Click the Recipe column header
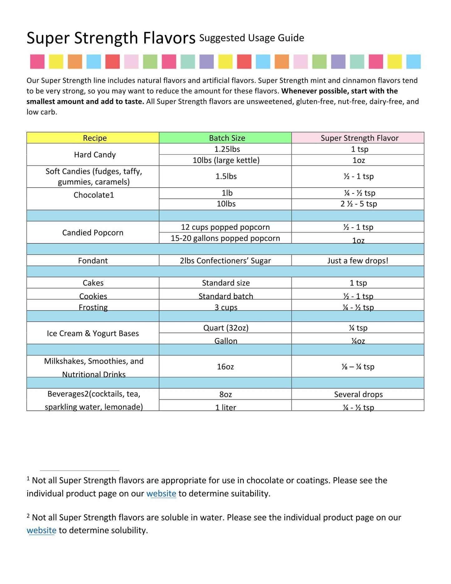click(95, 138)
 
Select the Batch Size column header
click(227, 138)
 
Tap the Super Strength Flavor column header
click(360, 138)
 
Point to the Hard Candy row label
click(95, 155)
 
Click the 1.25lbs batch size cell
click(227, 149)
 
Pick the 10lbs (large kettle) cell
click(226, 160)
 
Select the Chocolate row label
click(94, 195)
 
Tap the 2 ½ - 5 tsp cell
click(359, 204)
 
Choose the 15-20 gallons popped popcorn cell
click(225, 238)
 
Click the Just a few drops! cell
click(358, 261)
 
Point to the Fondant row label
click(93, 261)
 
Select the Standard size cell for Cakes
click(226, 283)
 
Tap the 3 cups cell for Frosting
click(226, 307)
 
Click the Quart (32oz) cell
click(226, 328)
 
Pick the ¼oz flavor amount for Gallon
click(358, 341)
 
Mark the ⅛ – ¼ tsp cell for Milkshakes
click(358, 366)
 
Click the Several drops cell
click(358, 394)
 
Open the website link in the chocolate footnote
click(161, 493)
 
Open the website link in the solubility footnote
click(42, 530)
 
